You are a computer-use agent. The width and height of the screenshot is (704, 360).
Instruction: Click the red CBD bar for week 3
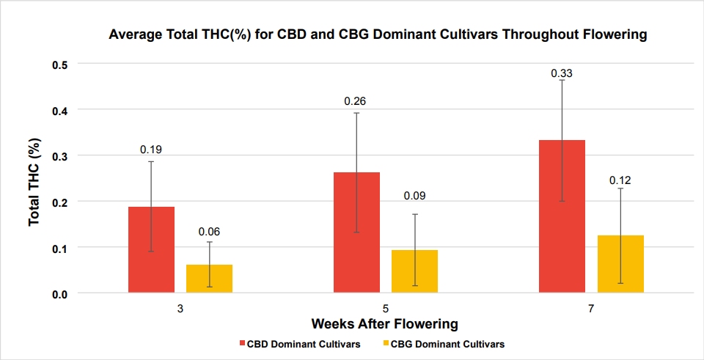coord(151,249)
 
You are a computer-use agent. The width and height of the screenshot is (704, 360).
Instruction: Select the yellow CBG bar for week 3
coord(209,279)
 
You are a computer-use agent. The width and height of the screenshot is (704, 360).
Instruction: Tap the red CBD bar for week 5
coord(356,232)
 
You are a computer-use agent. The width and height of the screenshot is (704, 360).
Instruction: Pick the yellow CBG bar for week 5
coord(414,271)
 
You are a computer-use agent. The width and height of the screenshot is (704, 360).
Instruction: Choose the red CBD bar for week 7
coord(562,217)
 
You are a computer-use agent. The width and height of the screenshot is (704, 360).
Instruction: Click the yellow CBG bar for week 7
coord(620,265)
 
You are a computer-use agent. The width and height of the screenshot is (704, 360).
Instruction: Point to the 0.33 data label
coord(562,73)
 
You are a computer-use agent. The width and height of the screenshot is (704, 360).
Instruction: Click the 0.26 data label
coord(355,101)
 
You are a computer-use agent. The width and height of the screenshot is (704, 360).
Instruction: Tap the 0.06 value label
coord(210,232)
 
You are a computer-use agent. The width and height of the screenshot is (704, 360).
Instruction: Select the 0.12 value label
coord(620,180)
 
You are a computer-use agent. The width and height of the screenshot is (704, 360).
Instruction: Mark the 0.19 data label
coord(151,150)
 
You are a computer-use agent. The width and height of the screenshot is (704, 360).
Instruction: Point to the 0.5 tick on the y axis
coord(59,65)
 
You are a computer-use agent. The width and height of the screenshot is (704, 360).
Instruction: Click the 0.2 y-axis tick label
coord(59,202)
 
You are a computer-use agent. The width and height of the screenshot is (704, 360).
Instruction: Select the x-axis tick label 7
coord(591,309)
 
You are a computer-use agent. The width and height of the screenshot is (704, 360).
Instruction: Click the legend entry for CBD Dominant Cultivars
coord(299,345)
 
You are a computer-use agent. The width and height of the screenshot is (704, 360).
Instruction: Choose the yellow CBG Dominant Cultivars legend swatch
coord(386,345)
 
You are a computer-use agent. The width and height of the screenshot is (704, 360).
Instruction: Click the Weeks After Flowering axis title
coord(385,323)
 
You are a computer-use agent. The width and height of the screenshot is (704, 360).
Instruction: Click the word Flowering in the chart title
coord(617,34)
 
